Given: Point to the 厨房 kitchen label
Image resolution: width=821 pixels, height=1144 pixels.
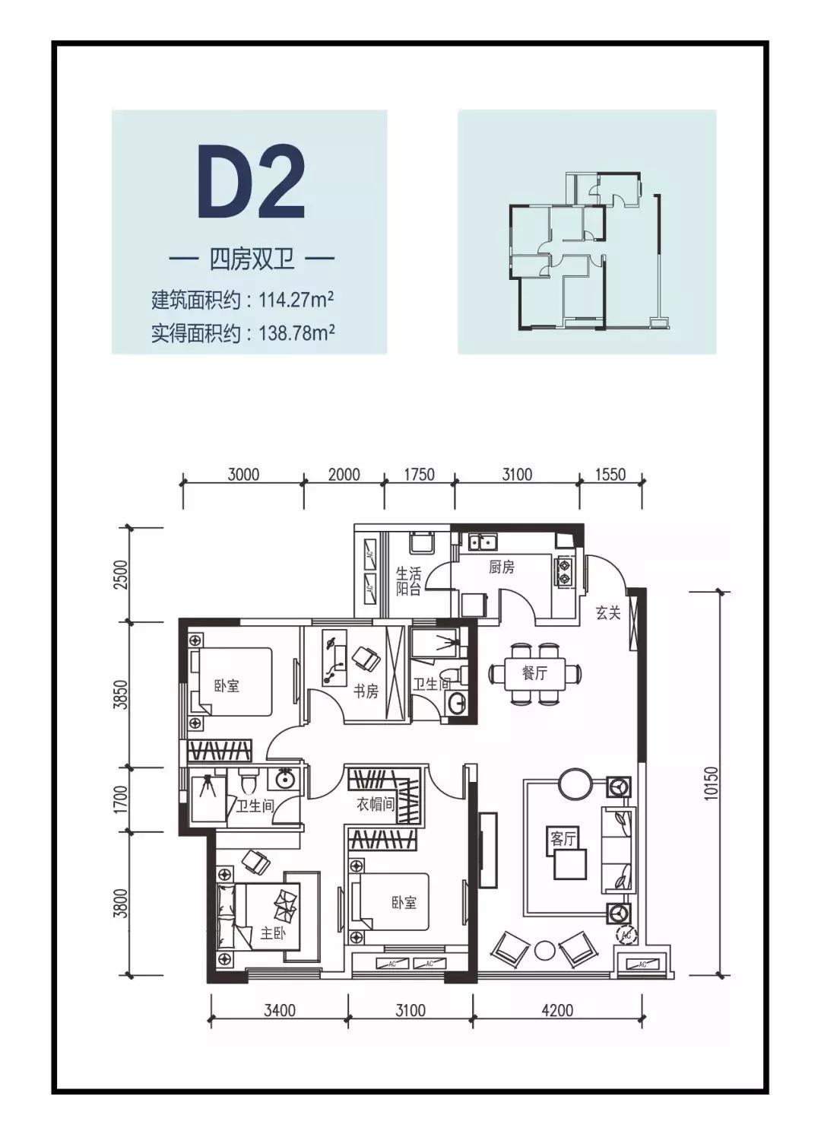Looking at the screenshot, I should pos(501,567).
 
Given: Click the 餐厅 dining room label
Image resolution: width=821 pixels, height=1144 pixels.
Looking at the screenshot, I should pos(534,673).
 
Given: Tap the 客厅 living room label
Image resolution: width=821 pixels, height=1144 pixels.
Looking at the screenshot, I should pos(563,838).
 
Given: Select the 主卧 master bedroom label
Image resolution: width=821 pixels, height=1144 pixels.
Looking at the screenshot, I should pos(272,933).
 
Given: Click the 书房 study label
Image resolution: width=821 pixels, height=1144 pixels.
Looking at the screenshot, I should pos(366,691).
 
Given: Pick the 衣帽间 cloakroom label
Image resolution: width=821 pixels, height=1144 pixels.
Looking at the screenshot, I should pos(376,804).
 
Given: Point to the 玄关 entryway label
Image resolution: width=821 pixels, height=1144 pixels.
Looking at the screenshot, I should pos(607,613).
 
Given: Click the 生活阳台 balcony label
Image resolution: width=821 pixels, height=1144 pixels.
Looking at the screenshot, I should pos(408,581).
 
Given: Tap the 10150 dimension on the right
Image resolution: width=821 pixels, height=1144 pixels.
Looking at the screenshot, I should pos(711,783).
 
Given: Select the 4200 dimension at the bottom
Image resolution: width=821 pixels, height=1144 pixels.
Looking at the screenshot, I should pos(557,1010).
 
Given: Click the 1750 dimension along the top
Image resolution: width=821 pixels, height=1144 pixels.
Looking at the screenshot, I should pos(419,475).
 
